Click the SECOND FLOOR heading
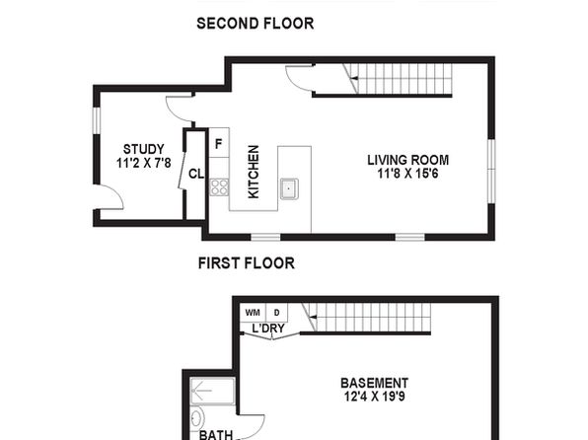[255, 24]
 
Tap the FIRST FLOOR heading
[247, 263]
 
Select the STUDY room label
[144, 149]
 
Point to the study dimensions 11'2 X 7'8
[144, 163]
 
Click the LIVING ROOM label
[408, 160]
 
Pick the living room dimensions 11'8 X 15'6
[408, 174]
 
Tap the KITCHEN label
[254, 172]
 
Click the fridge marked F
[219, 143]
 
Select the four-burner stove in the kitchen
[219, 187]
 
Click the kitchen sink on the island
[289, 188]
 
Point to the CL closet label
[196, 174]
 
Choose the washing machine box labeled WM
[253, 313]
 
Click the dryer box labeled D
[277, 313]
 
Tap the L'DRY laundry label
[268, 329]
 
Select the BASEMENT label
[374, 383]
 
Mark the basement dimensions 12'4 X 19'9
[375, 397]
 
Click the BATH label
[216, 435]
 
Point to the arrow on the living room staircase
[353, 78]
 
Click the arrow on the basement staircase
[313, 318]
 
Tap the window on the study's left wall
[97, 120]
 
